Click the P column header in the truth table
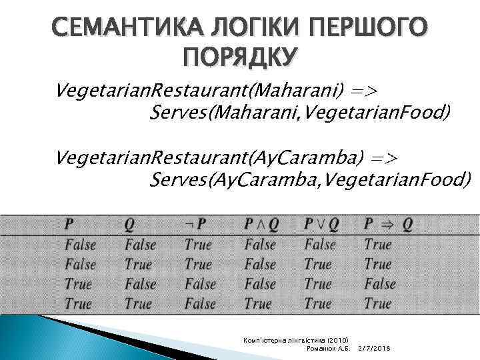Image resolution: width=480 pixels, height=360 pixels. [x=70, y=225]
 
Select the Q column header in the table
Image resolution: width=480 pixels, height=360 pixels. [x=129, y=225]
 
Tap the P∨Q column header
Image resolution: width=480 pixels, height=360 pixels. [x=321, y=225]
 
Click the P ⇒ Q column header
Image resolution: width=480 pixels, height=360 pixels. [x=388, y=225]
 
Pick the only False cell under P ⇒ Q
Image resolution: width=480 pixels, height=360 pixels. [x=380, y=284]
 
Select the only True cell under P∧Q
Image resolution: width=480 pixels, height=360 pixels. [x=258, y=304]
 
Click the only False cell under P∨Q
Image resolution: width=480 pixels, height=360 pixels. [x=320, y=245]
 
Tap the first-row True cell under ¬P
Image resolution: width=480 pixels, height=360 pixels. [x=198, y=245]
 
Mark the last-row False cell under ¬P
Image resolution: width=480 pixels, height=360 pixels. [x=200, y=304]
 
